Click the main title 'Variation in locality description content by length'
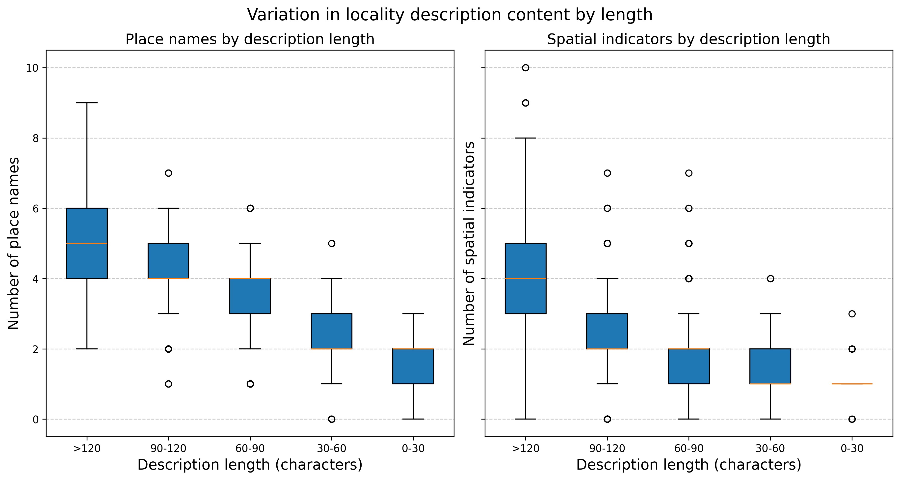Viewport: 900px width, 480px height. coord(450,15)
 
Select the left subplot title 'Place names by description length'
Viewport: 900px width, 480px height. coord(250,39)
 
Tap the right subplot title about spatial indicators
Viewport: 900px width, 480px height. coord(688,39)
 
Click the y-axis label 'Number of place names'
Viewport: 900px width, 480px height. coord(14,243)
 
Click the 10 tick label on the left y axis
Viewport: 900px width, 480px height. coord(32,68)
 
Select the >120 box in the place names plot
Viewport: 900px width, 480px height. coord(87,243)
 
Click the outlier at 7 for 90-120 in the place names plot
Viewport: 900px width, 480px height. coord(168,173)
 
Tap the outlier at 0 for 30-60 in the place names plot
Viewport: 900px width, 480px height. coord(332,419)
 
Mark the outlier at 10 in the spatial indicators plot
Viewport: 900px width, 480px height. coord(526,68)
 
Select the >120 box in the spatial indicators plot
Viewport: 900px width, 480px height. coord(526,278)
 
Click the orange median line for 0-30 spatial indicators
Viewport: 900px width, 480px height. coord(852,384)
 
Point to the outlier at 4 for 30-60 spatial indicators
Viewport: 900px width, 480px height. coord(770,279)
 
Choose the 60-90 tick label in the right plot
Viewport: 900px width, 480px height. coord(689,449)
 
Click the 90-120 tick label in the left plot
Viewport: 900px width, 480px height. coord(168,449)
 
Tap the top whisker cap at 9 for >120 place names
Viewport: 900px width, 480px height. coord(87,103)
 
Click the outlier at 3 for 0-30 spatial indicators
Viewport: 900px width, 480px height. coord(852,313)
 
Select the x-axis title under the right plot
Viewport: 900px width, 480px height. coord(688,465)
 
